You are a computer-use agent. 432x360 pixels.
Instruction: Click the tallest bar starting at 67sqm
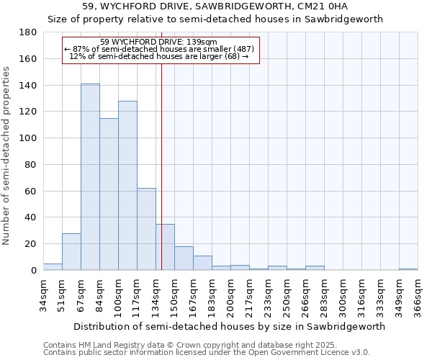point(90,177)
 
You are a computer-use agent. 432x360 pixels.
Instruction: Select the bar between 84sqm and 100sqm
point(109,194)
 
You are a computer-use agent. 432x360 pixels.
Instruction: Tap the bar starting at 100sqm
point(127,186)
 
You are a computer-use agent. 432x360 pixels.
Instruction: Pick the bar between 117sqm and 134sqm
point(146,229)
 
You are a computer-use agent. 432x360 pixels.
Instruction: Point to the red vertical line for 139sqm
point(161,166)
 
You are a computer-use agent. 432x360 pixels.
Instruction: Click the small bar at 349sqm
point(408,269)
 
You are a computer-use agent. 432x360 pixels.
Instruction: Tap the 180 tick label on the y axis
point(28,32)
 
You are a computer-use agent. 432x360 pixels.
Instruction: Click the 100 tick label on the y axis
point(28,138)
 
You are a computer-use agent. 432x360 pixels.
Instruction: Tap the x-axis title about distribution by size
point(230,326)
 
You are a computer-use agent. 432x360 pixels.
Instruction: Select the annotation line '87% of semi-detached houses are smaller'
point(159,49)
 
